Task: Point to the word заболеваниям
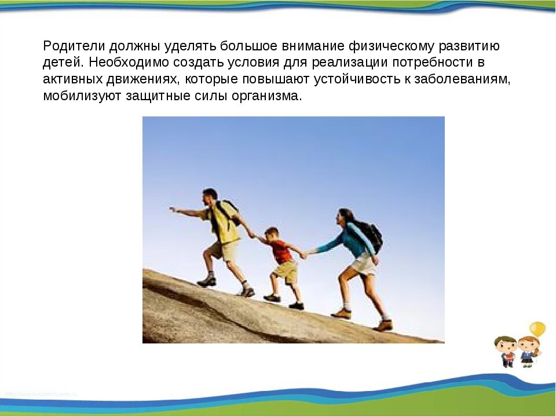click(x=469, y=79)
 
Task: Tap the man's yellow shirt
click(x=225, y=223)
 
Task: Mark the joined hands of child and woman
click(x=308, y=253)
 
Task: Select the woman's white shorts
click(x=364, y=265)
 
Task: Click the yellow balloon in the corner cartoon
click(x=537, y=330)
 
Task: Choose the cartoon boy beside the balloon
click(x=506, y=351)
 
